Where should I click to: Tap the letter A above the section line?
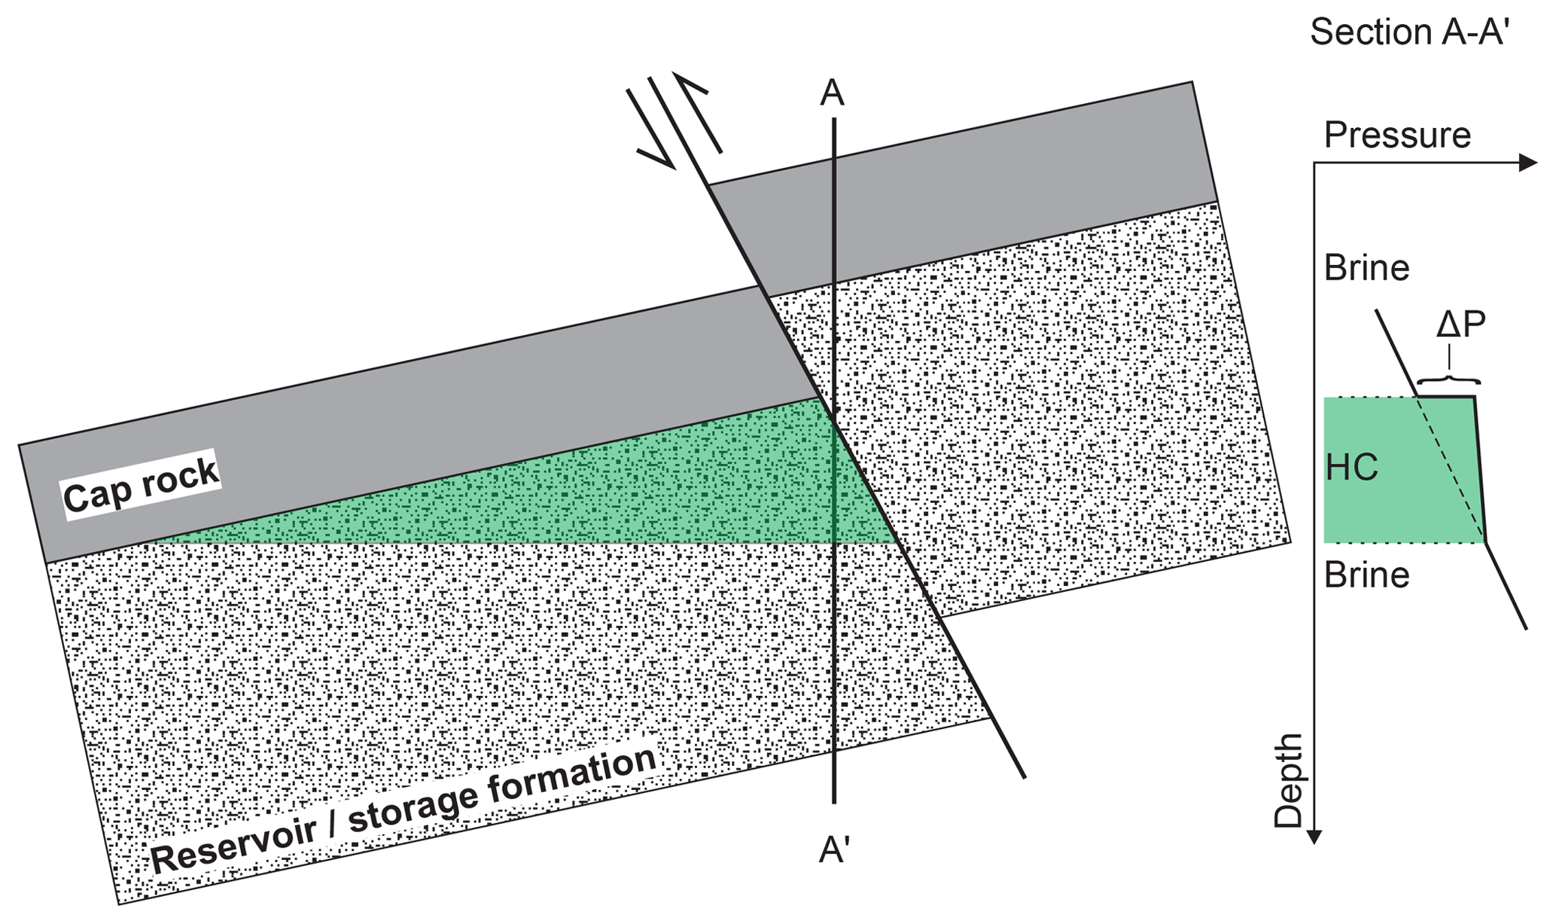pyautogui.click(x=832, y=93)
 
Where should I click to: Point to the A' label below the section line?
pyautogui.click(x=834, y=850)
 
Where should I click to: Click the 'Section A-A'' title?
pyautogui.click(x=1409, y=32)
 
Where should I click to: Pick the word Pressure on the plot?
pyautogui.click(x=1397, y=136)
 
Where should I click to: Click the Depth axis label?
pyautogui.click(x=1288, y=781)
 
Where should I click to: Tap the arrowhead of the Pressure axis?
pyautogui.click(x=1528, y=163)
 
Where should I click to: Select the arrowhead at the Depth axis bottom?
pyautogui.click(x=1314, y=836)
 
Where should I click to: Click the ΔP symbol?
pyautogui.click(x=1460, y=325)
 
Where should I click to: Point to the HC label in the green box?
pyautogui.click(x=1352, y=468)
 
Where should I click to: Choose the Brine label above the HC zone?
pyautogui.click(x=1366, y=268)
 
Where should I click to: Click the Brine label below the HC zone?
pyautogui.click(x=1366, y=575)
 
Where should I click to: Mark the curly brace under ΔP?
pyautogui.click(x=1448, y=379)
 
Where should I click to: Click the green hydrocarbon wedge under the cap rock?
pyautogui.click(x=602, y=497)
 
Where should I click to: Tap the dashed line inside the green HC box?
pyautogui.click(x=1449, y=467)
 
